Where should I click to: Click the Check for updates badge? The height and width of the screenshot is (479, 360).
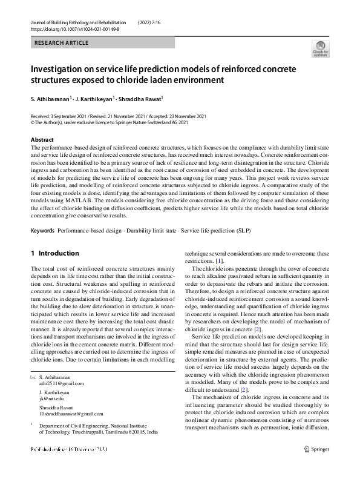(x=320, y=48)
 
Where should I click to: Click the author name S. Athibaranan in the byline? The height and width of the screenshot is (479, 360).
(x=50, y=97)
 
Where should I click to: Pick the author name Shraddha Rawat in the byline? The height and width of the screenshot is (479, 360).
(x=140, y=97)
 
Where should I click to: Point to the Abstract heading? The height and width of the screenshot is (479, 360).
(x=42, y=139)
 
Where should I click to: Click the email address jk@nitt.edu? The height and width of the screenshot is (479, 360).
(x=51, y=398)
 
